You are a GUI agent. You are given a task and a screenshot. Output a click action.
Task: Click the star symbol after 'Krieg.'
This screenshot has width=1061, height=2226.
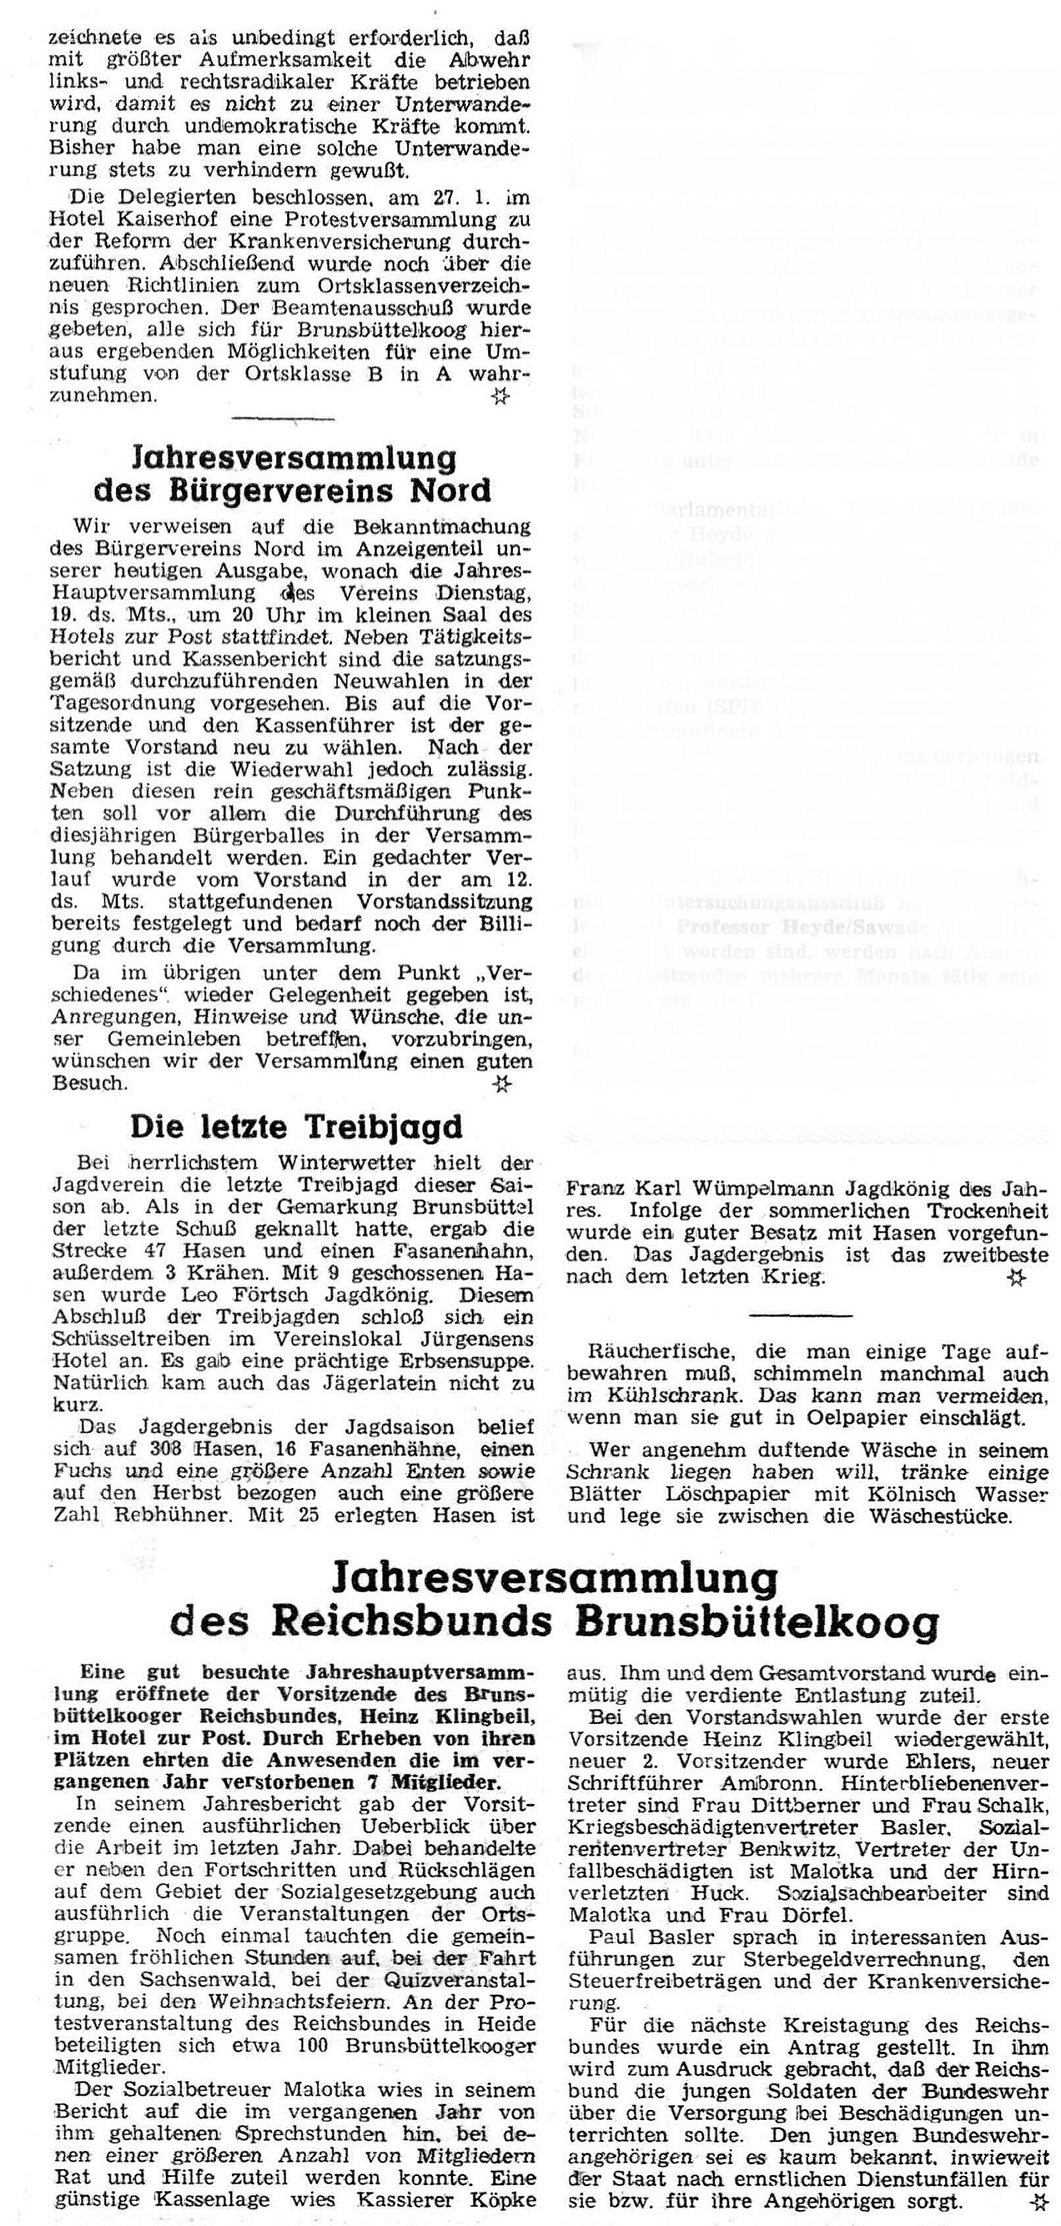pyautogui.click(x=1017, y=1279)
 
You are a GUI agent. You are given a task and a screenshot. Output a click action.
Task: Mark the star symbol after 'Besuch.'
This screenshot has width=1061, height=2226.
pyautogui.click(x=500, y=1083)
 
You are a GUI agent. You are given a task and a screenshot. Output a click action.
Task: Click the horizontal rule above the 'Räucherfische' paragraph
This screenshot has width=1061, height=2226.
pyautogui.click(x=800, y=1315)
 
